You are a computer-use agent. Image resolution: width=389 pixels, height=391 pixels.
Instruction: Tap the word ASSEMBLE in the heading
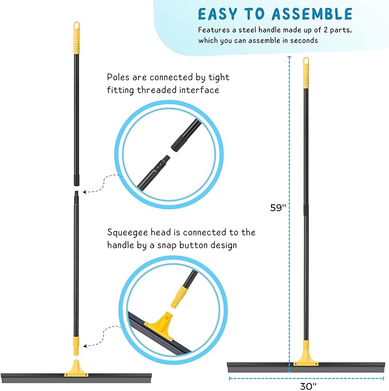click(313, 13)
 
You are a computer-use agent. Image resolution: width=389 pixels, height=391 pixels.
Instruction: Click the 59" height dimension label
click(278, 208)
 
